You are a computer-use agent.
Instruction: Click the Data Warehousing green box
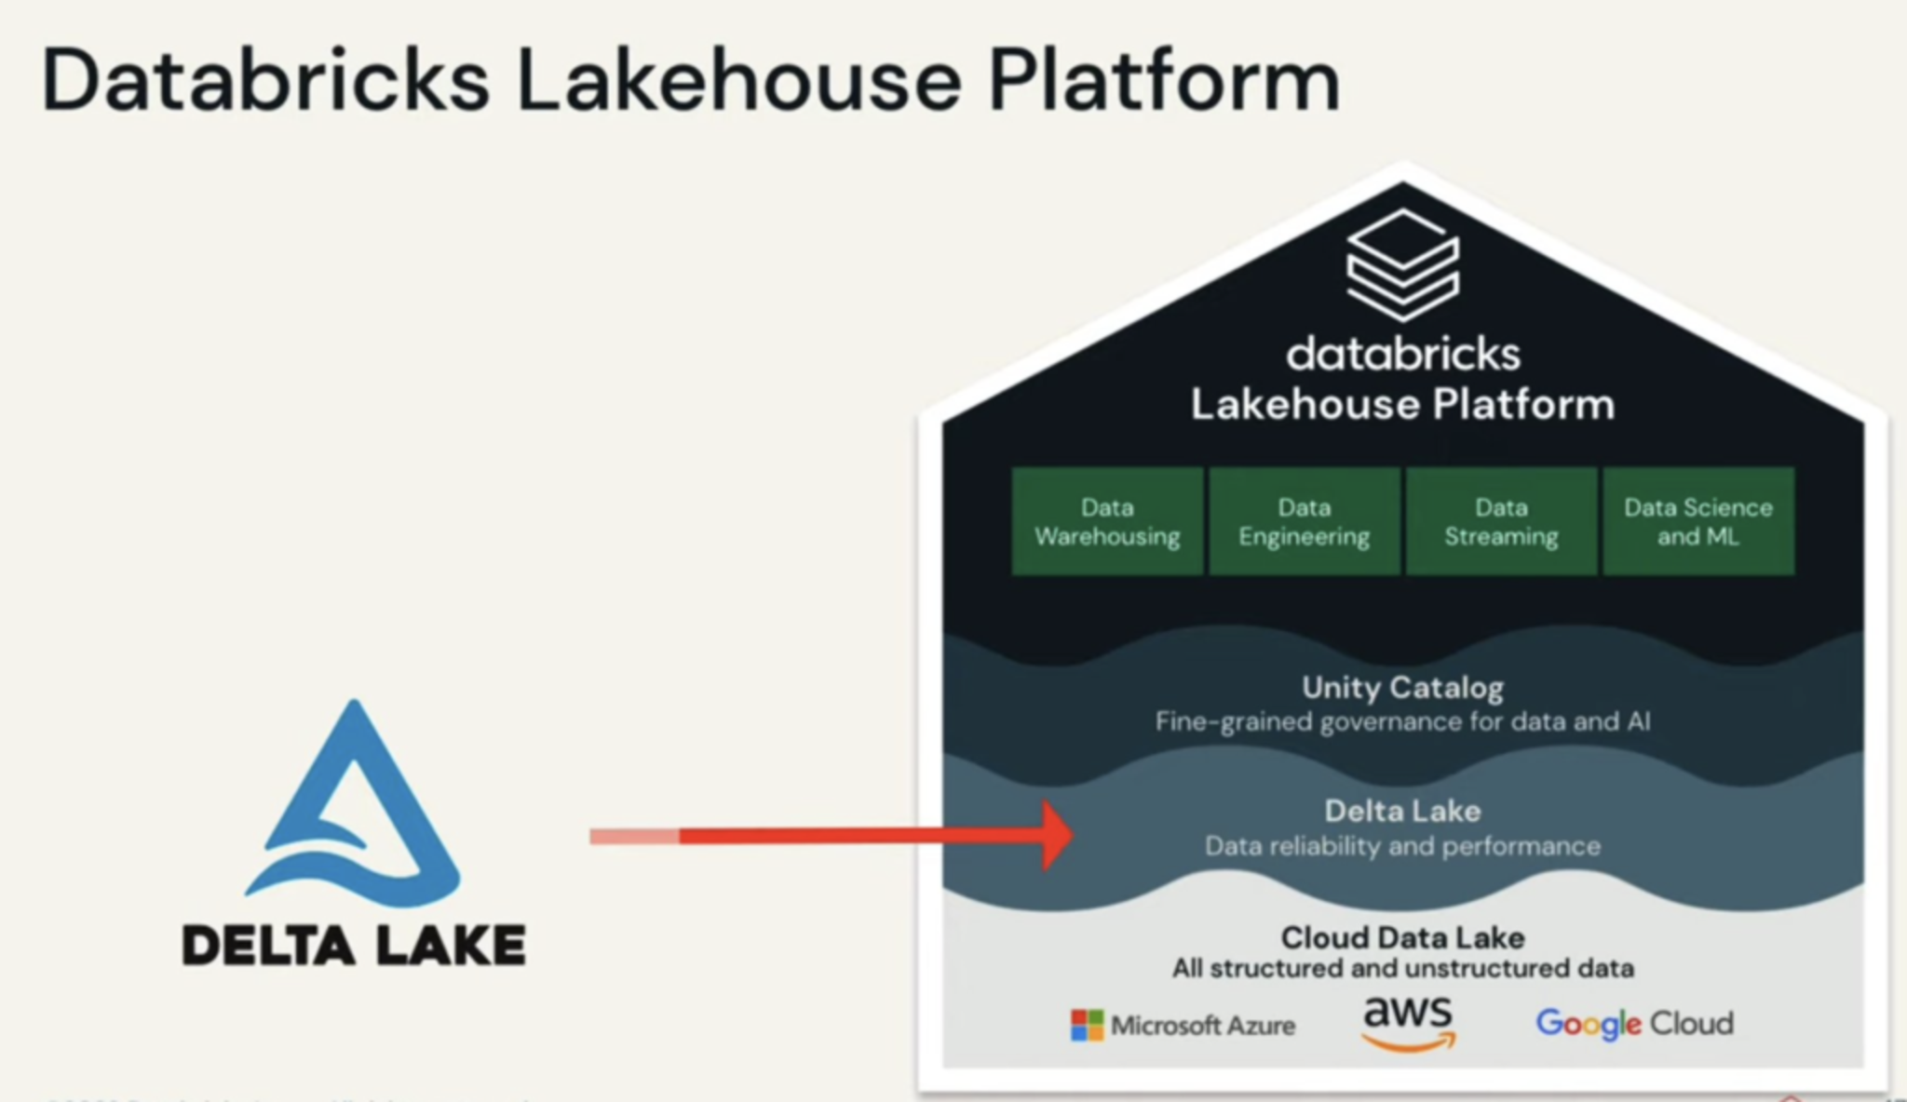point(1107,521)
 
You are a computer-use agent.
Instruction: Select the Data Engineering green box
point(1304,521)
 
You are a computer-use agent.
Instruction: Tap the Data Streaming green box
point(1501,521)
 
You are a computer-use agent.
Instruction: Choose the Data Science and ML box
point(1698,521)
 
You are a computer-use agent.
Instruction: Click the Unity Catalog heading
point(1402,688)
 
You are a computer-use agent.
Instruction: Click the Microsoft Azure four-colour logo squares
point(1087,1025)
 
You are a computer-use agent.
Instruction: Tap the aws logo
point(1408,1022)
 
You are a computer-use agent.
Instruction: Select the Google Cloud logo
point(1634,1023)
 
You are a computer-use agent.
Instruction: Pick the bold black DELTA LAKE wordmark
point(354,945)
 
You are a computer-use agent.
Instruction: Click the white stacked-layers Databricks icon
point(1402,264)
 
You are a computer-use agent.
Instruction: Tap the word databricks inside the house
point(1402,355)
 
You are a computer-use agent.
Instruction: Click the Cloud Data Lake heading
point(1402,937)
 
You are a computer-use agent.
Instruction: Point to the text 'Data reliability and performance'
point(1402,846)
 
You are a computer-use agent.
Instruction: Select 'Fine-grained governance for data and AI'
point(1402,721)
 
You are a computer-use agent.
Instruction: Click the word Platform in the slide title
point(1164,82)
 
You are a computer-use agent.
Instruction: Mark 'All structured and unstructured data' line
point(1402,968)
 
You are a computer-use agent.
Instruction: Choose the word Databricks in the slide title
point(265,82)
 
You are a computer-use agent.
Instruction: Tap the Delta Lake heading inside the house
point(1402,811)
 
